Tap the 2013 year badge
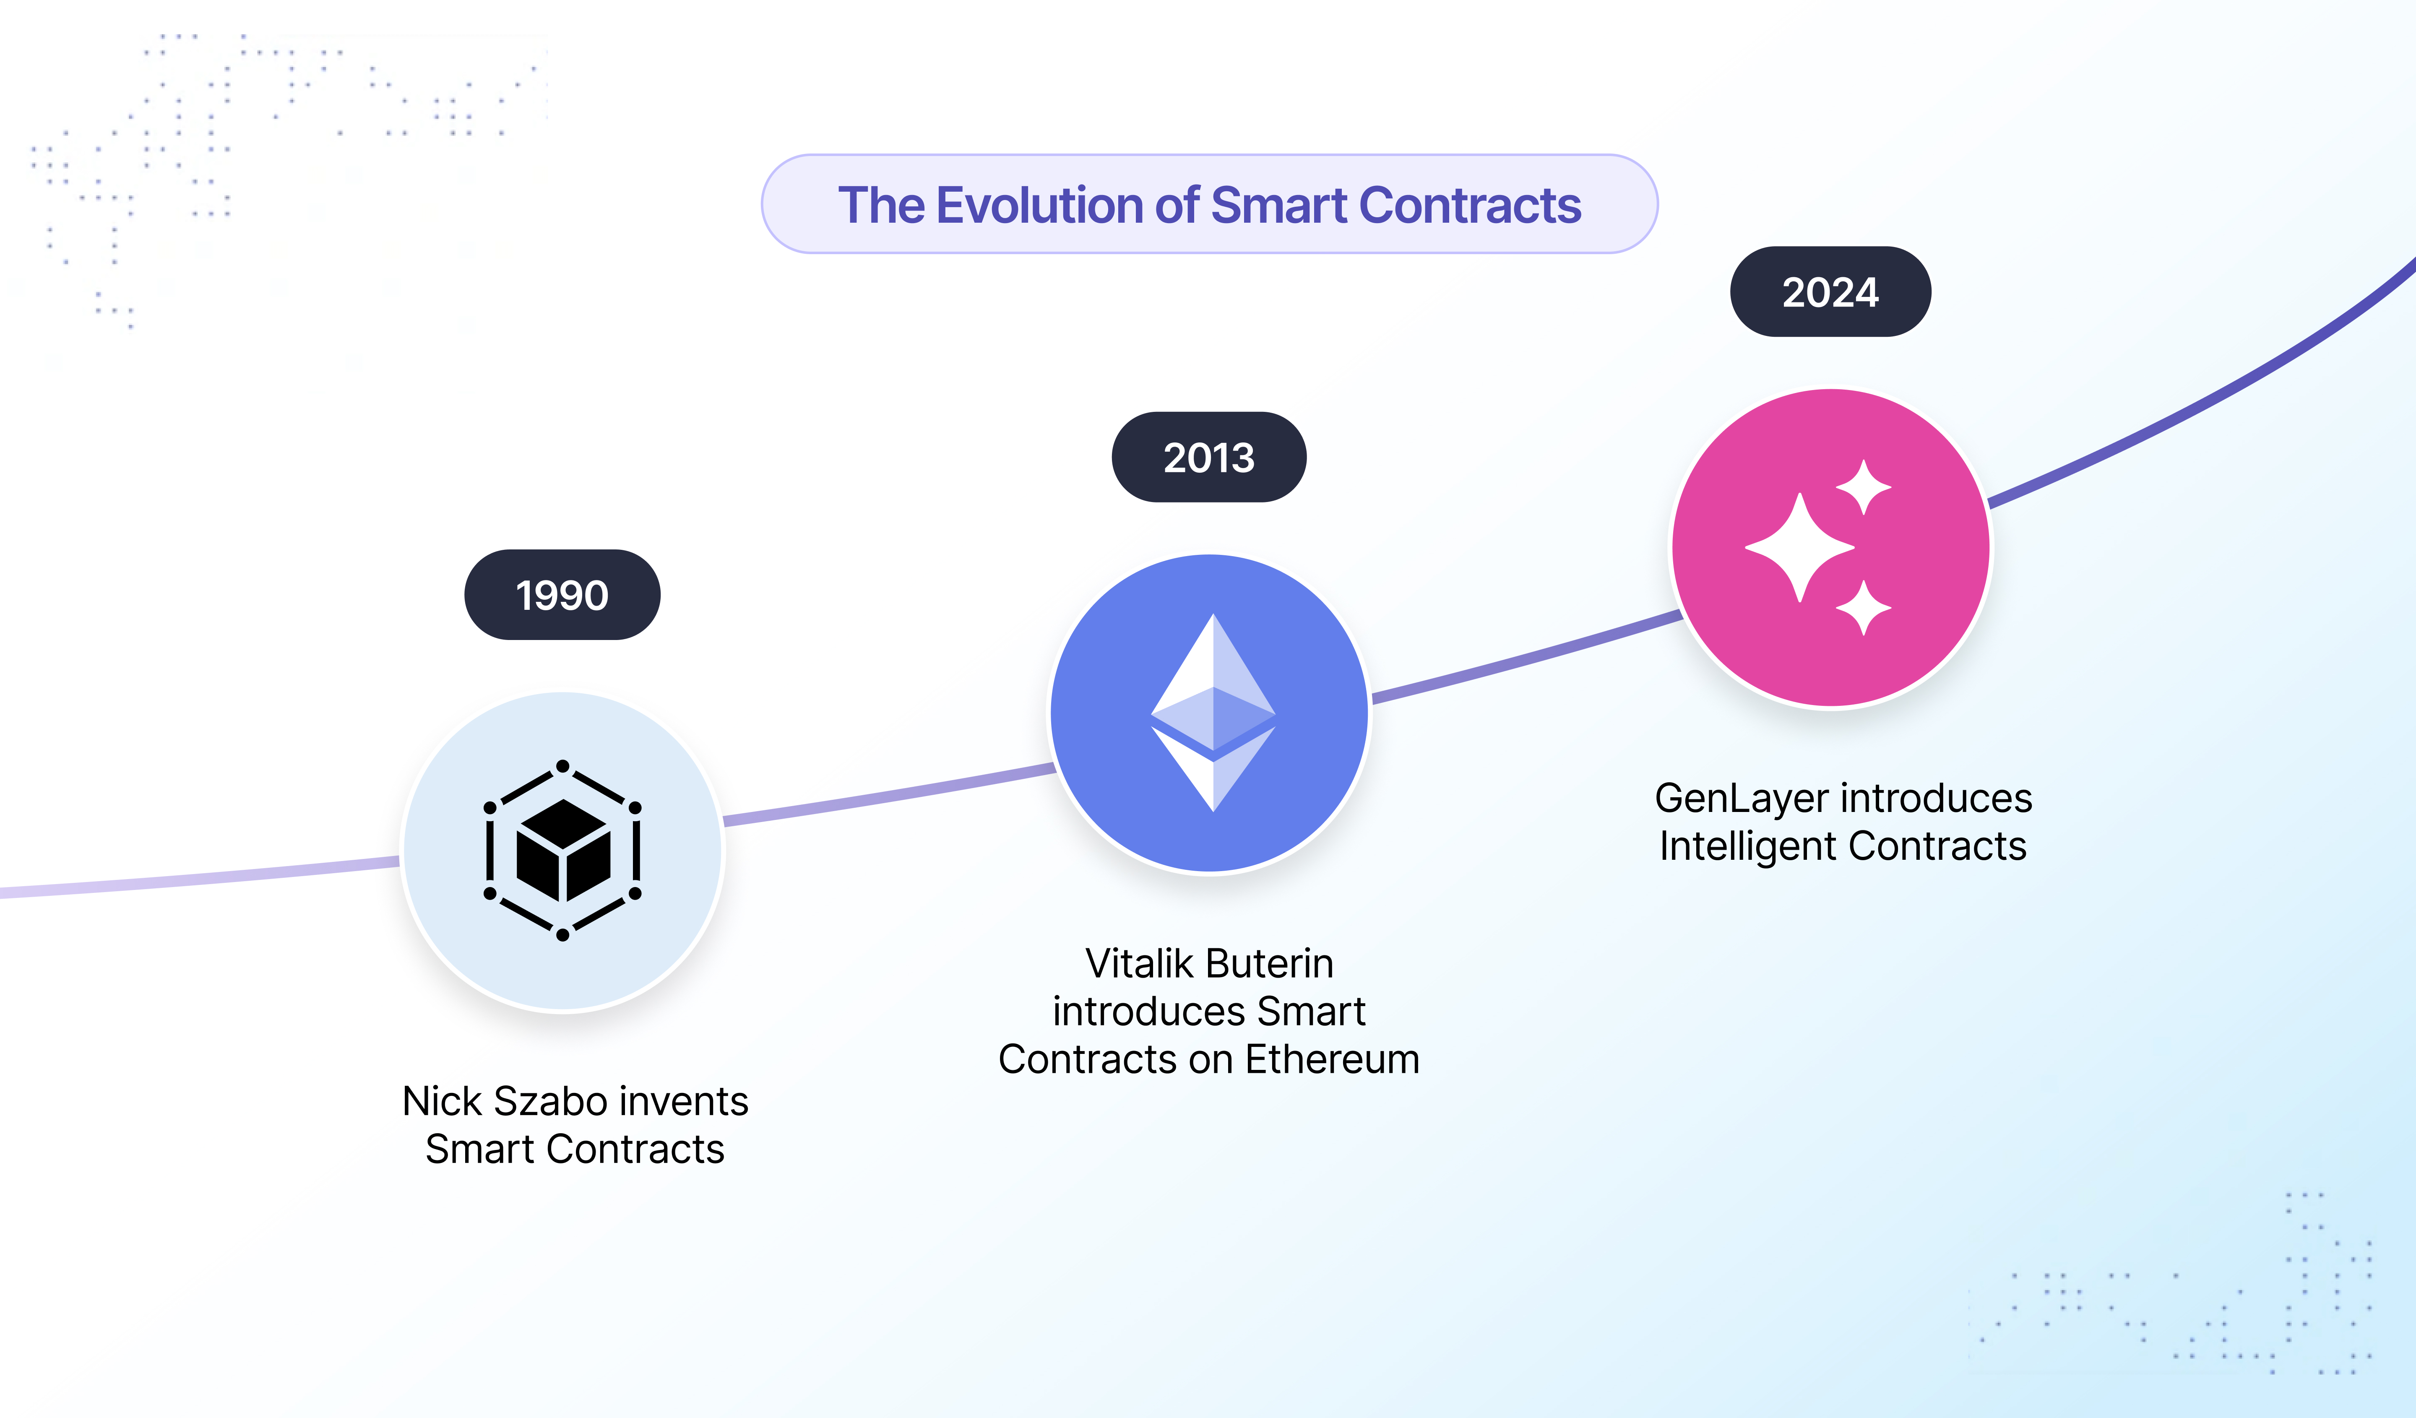tap(1209, 457)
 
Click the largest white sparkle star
tap(1799, 547)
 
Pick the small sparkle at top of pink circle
tap(1863, 487)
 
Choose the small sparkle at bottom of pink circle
tap(1863, 608)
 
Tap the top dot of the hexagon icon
tap(563, 766)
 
